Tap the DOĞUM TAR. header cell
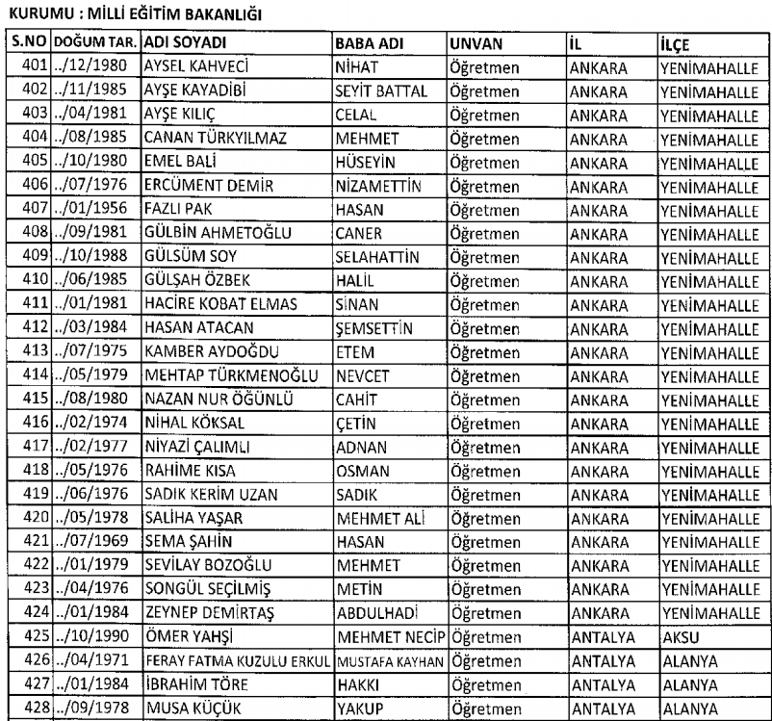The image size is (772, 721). pos(96,44)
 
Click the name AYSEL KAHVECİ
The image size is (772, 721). pos(193,68)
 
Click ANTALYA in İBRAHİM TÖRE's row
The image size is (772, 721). pos(601,683)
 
